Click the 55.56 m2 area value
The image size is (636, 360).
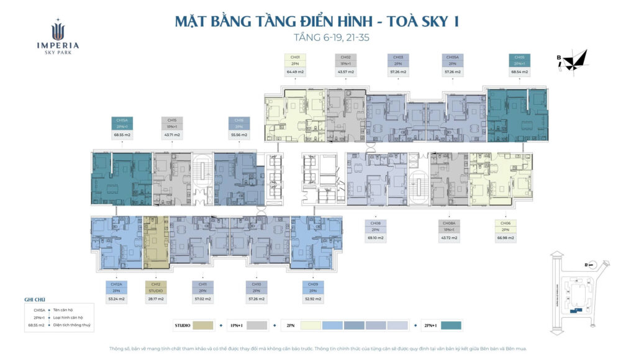click(x=239, y=135)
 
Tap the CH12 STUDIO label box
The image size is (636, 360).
click(x=156, y=287)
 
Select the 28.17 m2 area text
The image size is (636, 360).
click(x=156, y=299)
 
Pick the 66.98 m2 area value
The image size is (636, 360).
click(x=506, y=238)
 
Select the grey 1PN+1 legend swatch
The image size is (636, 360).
click(x=257, y=325)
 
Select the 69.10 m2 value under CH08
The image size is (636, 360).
click(x=375, y=238)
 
